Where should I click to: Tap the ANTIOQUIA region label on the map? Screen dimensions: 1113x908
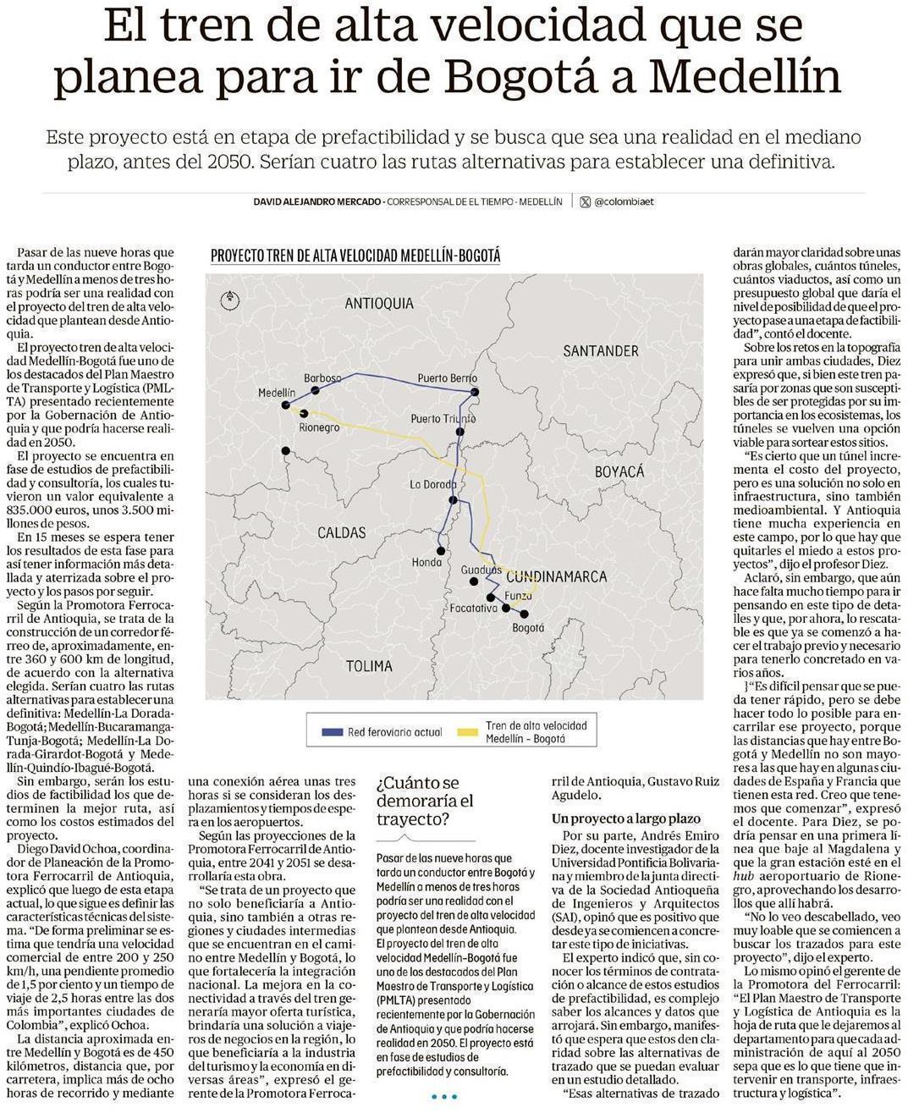tap(379, 303)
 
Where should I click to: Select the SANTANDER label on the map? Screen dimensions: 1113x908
tap(600, 350)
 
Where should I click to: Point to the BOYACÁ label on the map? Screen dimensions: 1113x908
tap(619, 471)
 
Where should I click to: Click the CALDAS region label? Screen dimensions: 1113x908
tap(342, 532)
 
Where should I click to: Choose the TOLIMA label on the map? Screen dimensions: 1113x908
tap(369, 666)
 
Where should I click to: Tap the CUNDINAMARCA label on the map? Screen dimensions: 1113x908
tap(556, 576)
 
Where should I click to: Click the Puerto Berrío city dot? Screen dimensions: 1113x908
tap(475, 392)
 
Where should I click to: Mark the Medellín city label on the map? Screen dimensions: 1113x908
tap(277, 394)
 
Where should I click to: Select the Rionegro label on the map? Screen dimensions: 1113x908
tap(319, 428)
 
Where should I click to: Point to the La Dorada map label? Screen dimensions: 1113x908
tap(433, 484)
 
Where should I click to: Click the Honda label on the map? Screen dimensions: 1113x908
tap(426, 562)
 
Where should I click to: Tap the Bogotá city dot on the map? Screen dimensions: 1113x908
tap(524, 614)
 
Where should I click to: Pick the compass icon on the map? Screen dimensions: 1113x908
tap(228, 298)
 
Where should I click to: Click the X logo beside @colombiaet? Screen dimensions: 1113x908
tap(585, 202)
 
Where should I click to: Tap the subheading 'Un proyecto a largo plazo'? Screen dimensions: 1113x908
tap(625, 818)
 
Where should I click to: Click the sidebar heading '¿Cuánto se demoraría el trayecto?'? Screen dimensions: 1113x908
tap(425, 801)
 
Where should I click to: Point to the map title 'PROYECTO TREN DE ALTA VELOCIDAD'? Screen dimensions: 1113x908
tap(355, 256)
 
